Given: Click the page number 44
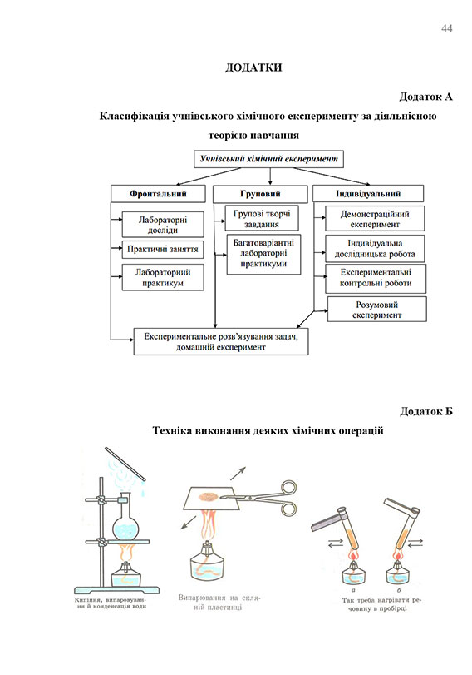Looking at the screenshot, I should (446, 29).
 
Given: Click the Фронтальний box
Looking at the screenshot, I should (157, 194).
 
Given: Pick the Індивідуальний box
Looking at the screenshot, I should (368, 194).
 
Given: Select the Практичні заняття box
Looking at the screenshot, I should (163, 248).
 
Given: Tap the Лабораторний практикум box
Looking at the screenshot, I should (163, 277).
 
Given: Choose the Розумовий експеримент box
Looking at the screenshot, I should (377, 310).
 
